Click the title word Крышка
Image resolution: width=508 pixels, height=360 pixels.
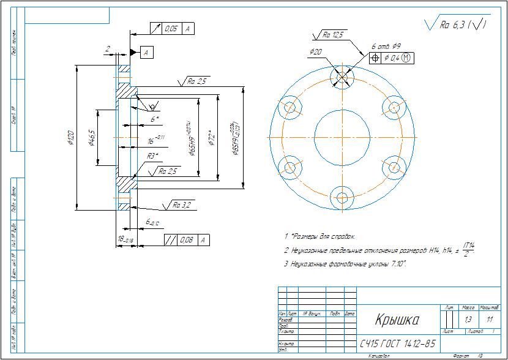[397, 320]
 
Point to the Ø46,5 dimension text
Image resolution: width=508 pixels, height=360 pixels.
[92, 138]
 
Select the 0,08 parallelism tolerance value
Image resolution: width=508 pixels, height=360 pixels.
[185, 239]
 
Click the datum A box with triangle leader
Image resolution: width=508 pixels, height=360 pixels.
[146, 53]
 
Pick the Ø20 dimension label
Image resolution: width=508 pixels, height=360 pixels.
[316, 52]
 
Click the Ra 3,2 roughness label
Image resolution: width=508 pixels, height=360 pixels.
[182, 204]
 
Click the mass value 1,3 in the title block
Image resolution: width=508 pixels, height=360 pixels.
[469, 320]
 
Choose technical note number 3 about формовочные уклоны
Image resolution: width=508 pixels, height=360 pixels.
[346, 264]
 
